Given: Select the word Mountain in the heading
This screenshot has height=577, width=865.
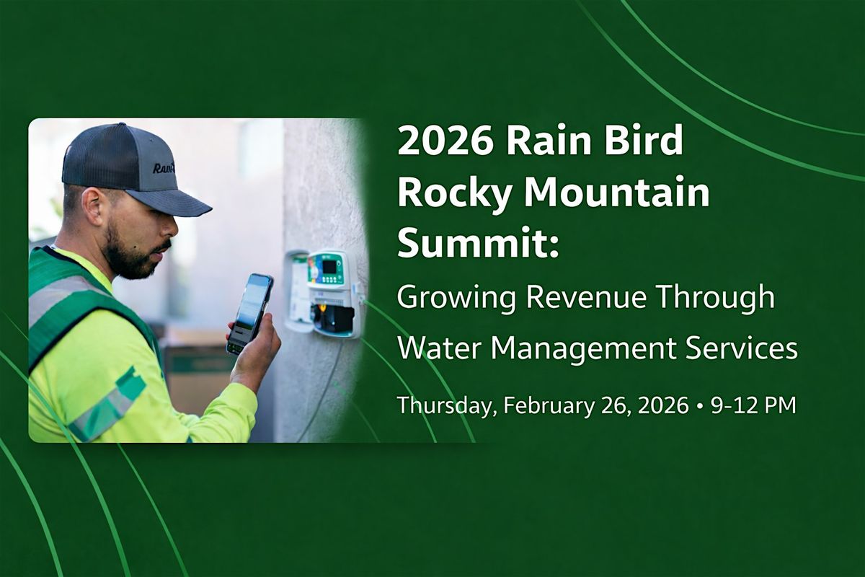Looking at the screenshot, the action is point(617,193).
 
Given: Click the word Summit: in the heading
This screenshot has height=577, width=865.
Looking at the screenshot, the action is point(478,245).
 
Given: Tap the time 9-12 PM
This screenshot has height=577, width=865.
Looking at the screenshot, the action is point(753,406).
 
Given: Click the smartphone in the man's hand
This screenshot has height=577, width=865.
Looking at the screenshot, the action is point(250,314).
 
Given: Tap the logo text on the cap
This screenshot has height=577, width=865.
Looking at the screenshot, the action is point(165,168).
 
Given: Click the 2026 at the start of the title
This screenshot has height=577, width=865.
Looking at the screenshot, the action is point(445,141).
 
